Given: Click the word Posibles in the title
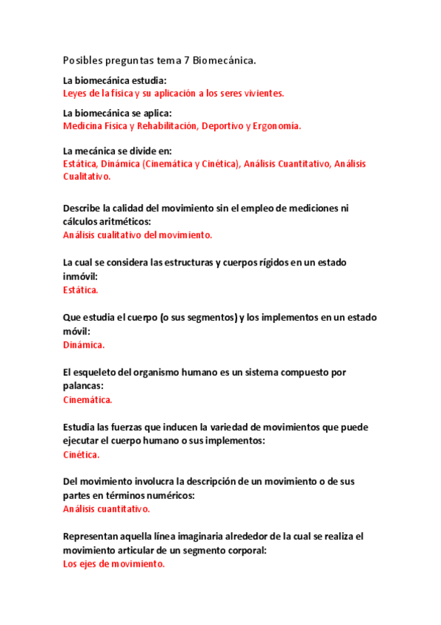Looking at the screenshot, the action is click(x=82, y=60).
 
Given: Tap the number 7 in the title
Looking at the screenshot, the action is click(x=197, y=60).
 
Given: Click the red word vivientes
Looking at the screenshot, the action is click(x=263, y=94).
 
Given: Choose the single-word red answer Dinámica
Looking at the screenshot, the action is click(x=83, y=345).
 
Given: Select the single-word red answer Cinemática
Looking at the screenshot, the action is click(x=87, y=400).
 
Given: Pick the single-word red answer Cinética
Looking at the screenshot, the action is click(x=81, y=455).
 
